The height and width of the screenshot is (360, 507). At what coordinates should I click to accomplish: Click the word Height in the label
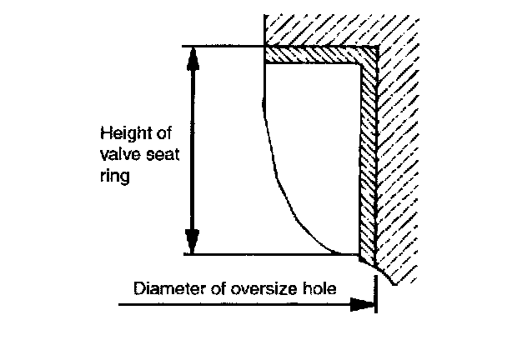[x=118, y=133]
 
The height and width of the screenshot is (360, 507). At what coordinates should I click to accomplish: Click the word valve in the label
[x=116, y=156]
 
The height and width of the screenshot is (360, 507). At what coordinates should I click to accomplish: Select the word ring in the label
[x=111, y=178]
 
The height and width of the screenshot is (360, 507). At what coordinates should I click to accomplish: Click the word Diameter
[x=168, y=289]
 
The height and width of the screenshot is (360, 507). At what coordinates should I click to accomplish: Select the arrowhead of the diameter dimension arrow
[x=364, y=305]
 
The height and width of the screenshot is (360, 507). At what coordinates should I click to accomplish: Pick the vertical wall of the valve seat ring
[x=367, y=158]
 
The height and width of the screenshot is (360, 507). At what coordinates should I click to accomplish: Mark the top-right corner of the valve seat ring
[x=374, y=50]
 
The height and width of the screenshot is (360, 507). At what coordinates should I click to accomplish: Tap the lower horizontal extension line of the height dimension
[x=250, y=253]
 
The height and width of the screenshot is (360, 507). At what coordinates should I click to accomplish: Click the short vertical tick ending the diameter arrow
[x=377, y=297]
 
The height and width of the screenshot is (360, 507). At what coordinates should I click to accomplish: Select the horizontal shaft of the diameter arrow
[x=233, y=305]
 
